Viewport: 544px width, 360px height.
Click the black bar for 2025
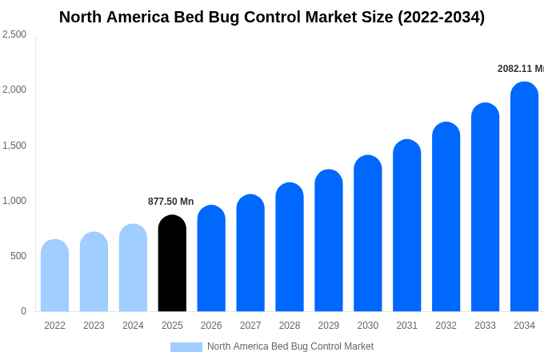(172, 263)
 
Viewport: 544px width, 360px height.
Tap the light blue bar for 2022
(54, 275)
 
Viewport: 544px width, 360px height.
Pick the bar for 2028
(290, 247)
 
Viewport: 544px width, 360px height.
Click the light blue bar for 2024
(133, 268)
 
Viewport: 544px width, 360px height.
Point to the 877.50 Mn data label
(170, 202)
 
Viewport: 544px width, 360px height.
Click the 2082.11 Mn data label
(520, 69)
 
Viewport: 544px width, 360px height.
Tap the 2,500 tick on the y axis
(14, 34)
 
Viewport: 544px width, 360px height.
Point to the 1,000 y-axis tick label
(14, 201)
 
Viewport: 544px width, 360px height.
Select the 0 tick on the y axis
(23, 311)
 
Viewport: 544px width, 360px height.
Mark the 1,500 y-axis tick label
(14, 146)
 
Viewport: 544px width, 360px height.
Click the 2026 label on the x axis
(211, 326)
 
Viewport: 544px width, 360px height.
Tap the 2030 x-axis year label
(368, 326)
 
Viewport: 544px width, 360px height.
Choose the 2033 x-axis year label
(485, 326)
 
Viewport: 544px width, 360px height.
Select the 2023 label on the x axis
(94, 326)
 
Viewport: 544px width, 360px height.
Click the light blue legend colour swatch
(186, 347)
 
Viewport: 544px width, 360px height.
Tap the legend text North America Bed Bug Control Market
(290, 346)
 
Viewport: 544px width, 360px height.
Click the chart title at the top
(272, 17)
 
